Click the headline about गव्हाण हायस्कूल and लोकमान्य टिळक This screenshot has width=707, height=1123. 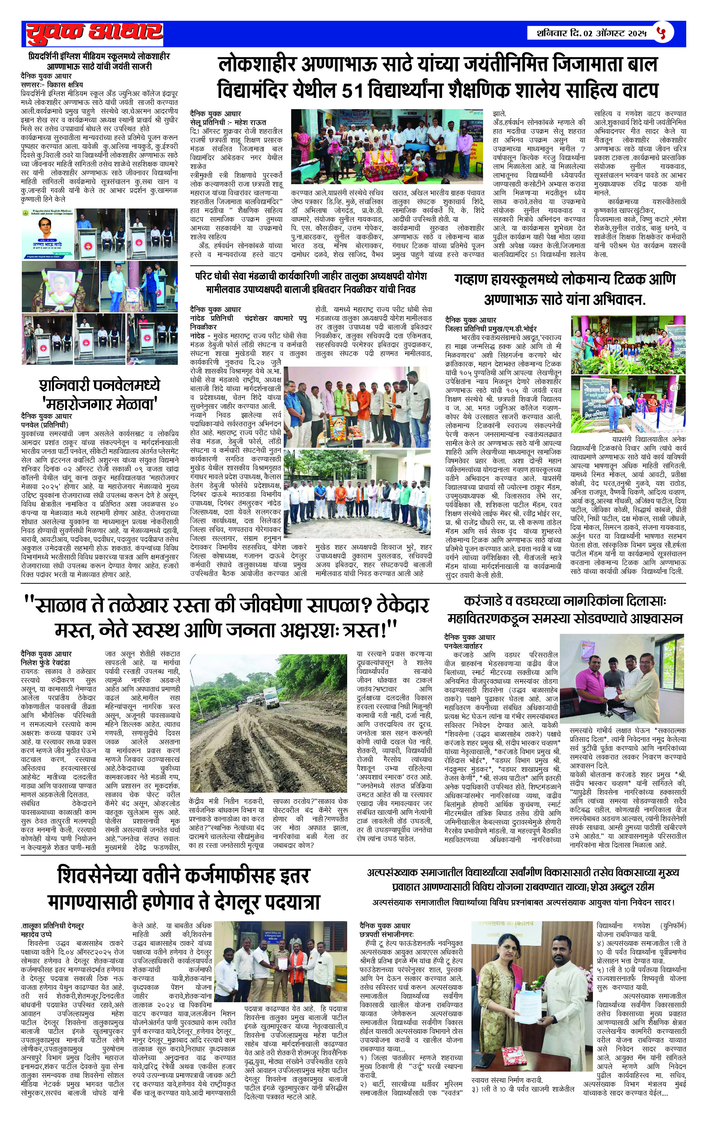[565, 289]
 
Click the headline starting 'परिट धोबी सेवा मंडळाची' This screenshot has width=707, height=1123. [311, 283]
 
